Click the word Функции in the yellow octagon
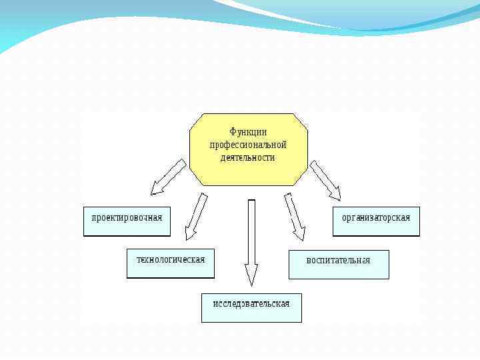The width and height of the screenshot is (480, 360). [x=248, y=132]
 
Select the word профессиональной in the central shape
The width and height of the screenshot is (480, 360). [x=248, y=145]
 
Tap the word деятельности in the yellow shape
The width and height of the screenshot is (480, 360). [x=248, y=158]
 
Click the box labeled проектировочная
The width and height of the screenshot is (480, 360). [x=127, y=221]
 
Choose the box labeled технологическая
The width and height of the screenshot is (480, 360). [x=171, y=263]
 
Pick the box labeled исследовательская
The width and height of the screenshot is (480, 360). [x=251, y=307]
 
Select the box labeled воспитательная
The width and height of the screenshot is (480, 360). [x=338, y=264]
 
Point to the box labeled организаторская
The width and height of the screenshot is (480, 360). [x=376, y=221]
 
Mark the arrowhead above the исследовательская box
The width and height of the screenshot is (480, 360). [x=251, y=273]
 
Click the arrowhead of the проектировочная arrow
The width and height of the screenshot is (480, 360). [x=157, y=188]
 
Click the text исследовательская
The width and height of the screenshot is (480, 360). [x=251, y=304]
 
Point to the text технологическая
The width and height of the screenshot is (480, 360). [x=171, y=259]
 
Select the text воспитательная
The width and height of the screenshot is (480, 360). [x=338, y=260]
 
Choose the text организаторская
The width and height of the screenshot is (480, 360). [x=376, y=217]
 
